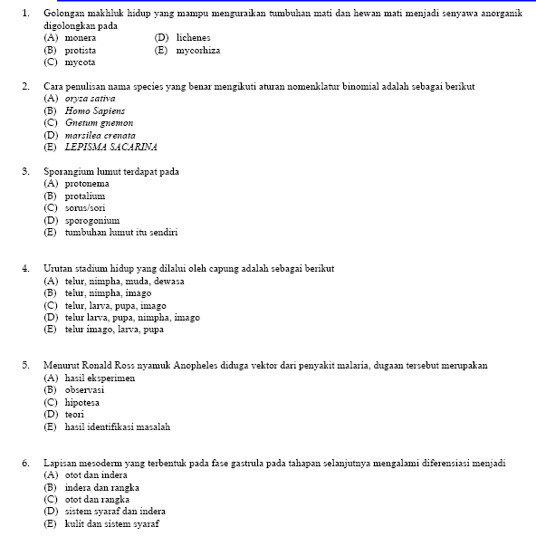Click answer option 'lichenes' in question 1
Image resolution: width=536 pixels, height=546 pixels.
pos(193,38)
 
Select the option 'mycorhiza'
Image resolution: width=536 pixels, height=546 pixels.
pos(199,51)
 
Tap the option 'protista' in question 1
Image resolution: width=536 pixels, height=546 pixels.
pos(81,51)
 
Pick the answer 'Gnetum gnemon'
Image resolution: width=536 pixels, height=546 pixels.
pos(99,122)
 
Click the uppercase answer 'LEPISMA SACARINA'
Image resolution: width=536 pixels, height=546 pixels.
pos(110,147)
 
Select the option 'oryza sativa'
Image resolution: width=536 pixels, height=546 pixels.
pos(91,99)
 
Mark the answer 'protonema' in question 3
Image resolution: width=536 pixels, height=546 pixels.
pos(87,184)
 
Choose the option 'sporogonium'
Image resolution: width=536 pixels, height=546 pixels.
pos(92,220)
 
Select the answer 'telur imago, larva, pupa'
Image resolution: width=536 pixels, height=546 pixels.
pos(114,330)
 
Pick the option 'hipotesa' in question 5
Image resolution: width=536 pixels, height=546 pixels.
pos(82,402)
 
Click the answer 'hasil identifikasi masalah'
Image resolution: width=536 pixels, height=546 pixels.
pos(118,426)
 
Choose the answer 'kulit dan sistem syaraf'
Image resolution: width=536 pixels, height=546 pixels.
pos(113,523)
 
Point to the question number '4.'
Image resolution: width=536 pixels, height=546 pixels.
pos(27,269)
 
